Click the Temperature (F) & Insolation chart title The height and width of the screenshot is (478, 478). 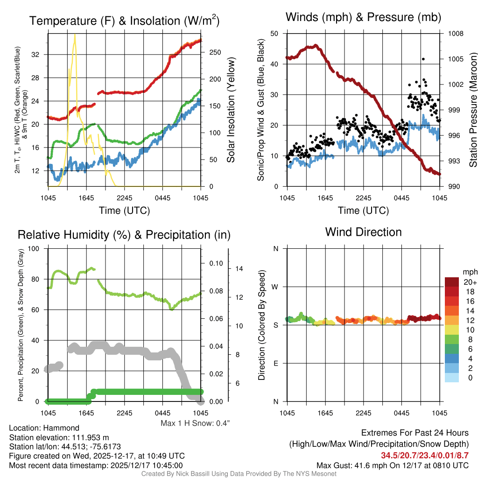124,21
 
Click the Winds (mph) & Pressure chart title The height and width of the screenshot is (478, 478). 363,17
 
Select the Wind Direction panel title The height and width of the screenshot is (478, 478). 363,232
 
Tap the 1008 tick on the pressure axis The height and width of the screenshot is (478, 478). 455,34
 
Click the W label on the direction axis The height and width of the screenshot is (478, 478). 275,287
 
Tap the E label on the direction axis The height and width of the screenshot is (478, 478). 275,363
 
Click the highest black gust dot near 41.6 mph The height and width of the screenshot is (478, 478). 423,59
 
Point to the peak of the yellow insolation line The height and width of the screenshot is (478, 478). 75,35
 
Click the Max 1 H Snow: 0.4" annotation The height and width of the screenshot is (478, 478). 195,423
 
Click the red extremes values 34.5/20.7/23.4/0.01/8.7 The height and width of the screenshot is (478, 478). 424,455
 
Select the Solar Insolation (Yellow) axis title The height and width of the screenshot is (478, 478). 231,111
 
